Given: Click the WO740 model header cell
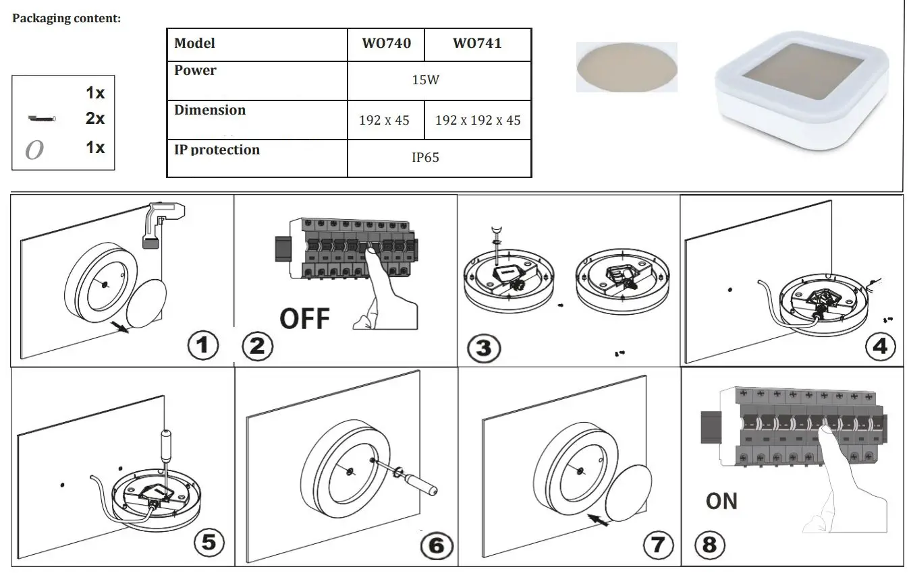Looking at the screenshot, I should pyautogui.click(x=386, y=44).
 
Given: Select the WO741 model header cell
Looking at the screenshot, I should pyautogui.click(x=477, y=44).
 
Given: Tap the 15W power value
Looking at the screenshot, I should pyautogui.click(x=425, y=80).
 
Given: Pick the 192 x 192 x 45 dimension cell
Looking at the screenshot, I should pyautogui.click(x=478, y=121).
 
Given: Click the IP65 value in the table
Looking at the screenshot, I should pyautogui.click(x=425, y=158).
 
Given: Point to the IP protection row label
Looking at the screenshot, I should pyautogui.click(x=217, y=150).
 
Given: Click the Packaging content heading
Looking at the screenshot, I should pyautogui.click(x=67, y=18).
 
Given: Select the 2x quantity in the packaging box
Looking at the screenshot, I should pyautogui.click(x=95, y=119).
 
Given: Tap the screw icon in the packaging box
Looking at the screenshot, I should pyautogui.click(x=42, y=119).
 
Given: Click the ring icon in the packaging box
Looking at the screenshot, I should pyautogui.click(x=34, y=150).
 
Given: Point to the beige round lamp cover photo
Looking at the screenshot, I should pyautogui.click(x=626, y=67).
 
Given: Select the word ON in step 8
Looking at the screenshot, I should pyautogui.click(x=721, y=501).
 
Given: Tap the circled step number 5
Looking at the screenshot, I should pyautogui.click(x=209, y=541).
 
